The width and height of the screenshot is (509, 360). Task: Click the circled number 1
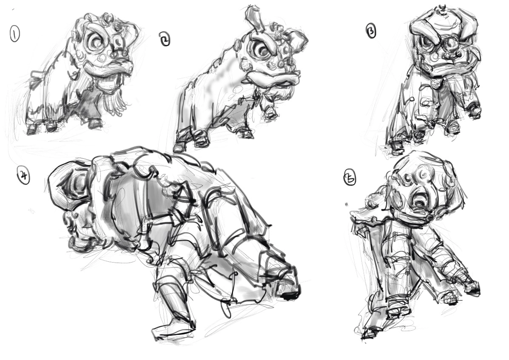14,34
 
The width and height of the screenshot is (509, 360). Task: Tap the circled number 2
165,39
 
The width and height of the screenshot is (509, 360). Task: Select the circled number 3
372,31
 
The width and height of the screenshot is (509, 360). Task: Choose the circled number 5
350,177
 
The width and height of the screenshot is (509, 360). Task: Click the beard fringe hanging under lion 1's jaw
115,94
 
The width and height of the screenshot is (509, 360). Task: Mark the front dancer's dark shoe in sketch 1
95,124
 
